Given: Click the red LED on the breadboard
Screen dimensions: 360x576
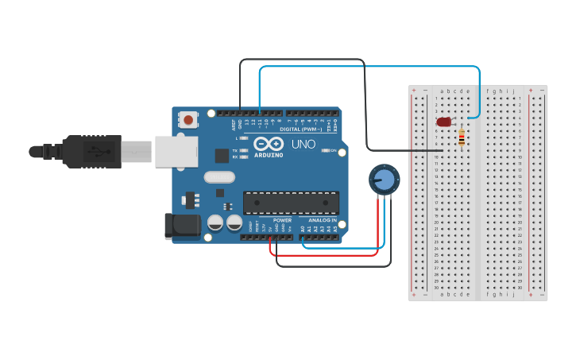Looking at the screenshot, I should click(x=443, y=122).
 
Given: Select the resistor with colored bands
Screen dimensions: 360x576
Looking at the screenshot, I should click(x=462, y=138).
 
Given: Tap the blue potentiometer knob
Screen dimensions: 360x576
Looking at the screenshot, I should click(x=384, y=179).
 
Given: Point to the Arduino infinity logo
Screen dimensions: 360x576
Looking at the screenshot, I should click(x=269, y=144).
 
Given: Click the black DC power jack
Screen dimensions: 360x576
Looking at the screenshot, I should click(x=181, y=226).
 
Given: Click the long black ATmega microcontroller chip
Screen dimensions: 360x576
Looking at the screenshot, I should click(x=291, y=203).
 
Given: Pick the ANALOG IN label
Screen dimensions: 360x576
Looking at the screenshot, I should click(x=323, y=220).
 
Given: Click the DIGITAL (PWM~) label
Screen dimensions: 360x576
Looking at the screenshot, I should click(x=301, y=129).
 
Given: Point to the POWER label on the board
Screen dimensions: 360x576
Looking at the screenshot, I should click(x=282, y=220).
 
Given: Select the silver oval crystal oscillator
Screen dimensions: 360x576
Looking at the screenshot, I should click(x=219, y=177).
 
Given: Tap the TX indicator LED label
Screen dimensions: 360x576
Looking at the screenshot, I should click(x=236, y=150).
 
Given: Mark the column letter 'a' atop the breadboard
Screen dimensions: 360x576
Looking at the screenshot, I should click(x=443, y=91).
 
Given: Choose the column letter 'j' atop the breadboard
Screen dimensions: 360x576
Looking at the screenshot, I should click(x=513, y=91).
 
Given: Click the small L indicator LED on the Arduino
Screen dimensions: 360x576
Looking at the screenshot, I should click(x=243, y=138).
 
